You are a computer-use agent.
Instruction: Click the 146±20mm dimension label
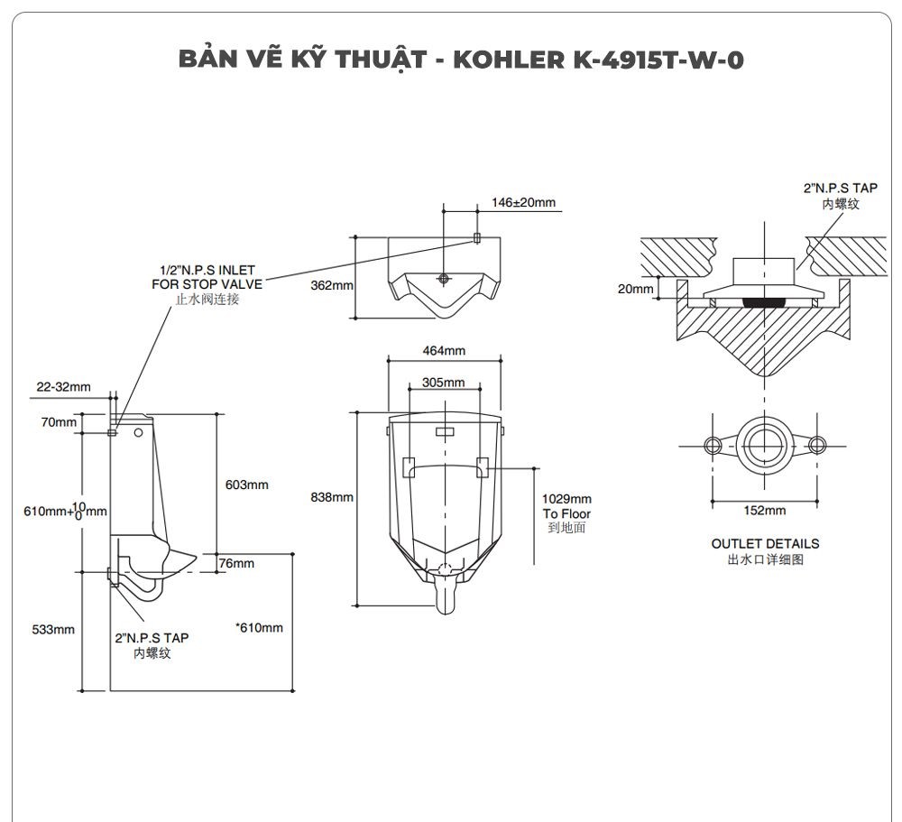pyautogui.click(x=524, y=202)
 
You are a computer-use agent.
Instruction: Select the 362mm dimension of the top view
pyautogui.click(x=331, y=285)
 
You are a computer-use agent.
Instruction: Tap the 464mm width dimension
pyautogui.click(x=444, y=350)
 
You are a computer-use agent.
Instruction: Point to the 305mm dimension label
pyautogui.click(x=444, y=383)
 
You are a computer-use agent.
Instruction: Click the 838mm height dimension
pyautogui.click(x=331, y=497)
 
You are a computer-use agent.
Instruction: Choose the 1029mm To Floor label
pyautogui.click(x=566, y=513)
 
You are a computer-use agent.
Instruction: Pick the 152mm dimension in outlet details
pyautogui.click(x=764, y=511)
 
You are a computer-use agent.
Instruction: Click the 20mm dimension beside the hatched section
pyautogui.click(x=636, y=289)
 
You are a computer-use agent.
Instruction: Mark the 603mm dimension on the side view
pyautogui.click(x=246, y=485)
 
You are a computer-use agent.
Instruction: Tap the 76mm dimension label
pyautogui.click(x=237, y=563)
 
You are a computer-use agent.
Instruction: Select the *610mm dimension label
pyautogui.click(x=259, y=628)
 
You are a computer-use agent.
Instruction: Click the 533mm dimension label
pyautogui.click(x=53, y=629)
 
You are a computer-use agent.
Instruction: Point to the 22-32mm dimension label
pyautogui.click(x=63, y=387)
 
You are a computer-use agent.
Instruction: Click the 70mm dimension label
pyautogui.click(x=59, y=422)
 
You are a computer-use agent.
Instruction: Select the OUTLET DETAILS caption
pyautogui.click(x=765, y=544)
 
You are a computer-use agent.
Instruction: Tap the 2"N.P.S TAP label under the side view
pyautogui.click(x=152, y=637)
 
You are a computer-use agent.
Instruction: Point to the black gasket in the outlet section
pyautogui.click(x=765, y=300)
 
